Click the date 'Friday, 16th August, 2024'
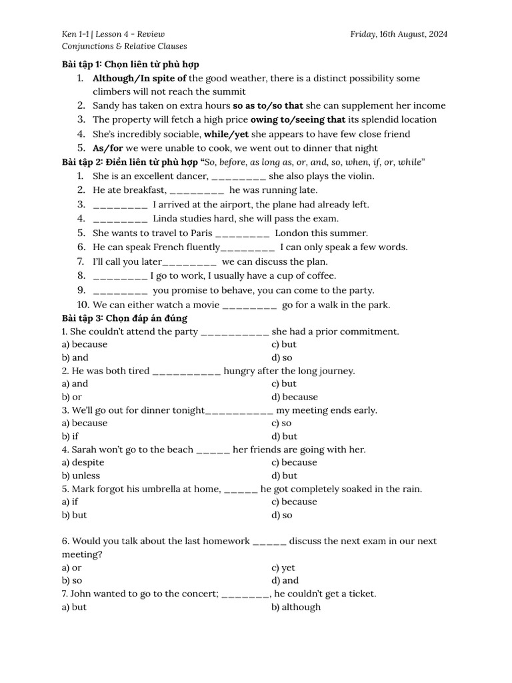tap(399, 33)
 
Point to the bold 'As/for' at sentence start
tap(107, 147)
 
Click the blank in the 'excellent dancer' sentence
tap(239, 177)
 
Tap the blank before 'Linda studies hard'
tap(121, 219)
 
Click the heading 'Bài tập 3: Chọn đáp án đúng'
tap(125, 318)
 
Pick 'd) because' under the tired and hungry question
tap(295, 397)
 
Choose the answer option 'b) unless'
tap(81, 476)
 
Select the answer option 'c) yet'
tap(283, 568)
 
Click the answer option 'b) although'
tap(296, 607)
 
